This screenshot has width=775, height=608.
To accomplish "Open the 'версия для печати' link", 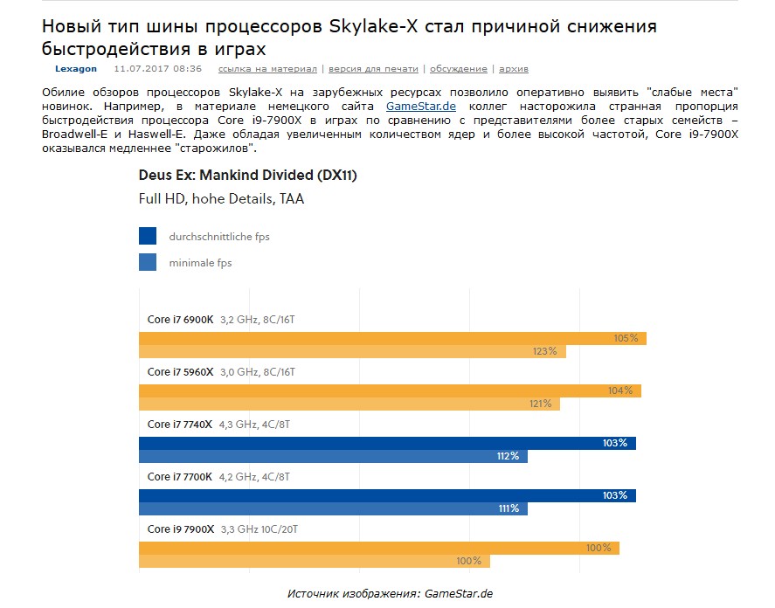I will (x=373, y=68).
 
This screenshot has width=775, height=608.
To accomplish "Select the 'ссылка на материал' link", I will (x=267, y=68).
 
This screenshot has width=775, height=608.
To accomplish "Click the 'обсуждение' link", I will (x=457, y=68).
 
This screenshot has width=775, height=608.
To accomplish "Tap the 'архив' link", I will (x=513, y=68).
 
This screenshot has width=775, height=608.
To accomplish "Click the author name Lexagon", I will (x=76, y=68).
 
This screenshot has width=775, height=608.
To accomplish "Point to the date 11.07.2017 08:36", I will (x=158, y=68).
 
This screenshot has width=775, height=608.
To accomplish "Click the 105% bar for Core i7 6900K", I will (x=392, y=338).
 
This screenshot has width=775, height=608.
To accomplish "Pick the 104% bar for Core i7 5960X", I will (x=390, y=390).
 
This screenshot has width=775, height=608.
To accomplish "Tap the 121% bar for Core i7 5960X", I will (x=349, y=404).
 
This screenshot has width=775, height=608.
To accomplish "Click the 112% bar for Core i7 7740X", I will (x=333, y=456).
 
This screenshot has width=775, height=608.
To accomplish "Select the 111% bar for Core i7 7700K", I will (x=333, y=508).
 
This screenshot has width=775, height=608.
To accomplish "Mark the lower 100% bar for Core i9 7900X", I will (x=315, y=561).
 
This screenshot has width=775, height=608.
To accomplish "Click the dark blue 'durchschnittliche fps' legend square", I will (x=148, y=236).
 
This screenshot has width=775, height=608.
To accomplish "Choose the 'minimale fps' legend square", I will (x=148, y=262).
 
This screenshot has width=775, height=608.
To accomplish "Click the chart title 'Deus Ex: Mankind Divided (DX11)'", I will (x=248, y=175).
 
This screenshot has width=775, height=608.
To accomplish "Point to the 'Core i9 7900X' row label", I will (x=181, y=529).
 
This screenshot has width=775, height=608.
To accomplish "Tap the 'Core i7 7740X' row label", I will (x=180, y=425).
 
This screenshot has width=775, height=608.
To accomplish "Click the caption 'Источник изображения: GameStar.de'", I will (x=390, y=594).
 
